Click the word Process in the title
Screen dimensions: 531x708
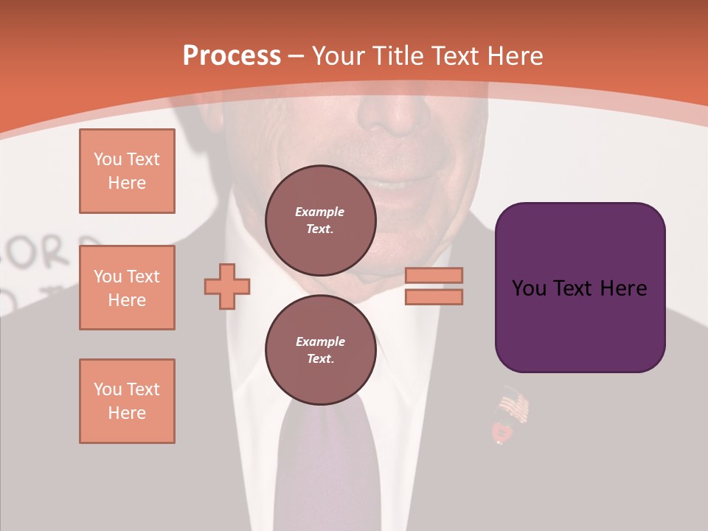click(232, 56)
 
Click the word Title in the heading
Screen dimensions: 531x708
click(398, 56)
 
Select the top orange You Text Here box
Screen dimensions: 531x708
click(127, 171)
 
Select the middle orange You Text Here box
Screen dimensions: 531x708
click(127, 288)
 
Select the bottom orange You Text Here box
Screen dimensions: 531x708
click(127, 401)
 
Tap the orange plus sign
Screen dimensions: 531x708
click(227, 285)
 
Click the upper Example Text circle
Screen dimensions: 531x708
click(320, 221)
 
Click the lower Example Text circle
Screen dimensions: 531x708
click(320, 350)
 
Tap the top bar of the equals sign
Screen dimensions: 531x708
click(434, 275)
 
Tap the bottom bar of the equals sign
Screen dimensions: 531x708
click(434, 296)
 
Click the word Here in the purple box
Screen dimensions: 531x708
click(623, 288)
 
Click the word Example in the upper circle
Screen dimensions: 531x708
click(320, 212)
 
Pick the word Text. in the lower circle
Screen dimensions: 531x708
click(320, 359)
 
